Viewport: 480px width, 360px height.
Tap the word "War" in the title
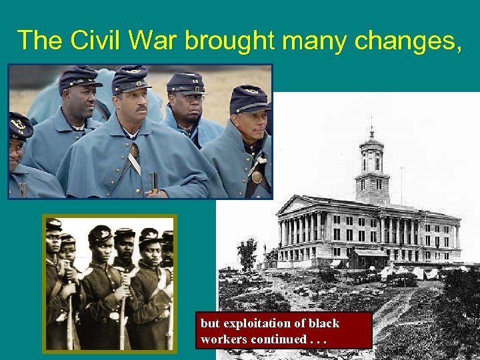(152, 41)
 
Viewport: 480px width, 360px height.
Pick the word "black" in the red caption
(322, 323)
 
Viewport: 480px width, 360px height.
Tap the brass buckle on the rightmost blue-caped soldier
(257, 177)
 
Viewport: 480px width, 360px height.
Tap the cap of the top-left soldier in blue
(79, 78)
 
